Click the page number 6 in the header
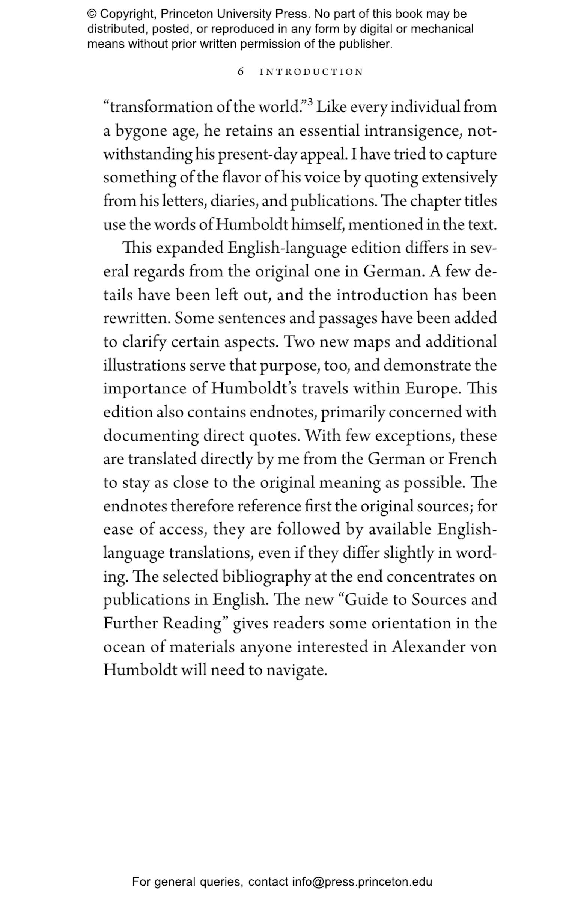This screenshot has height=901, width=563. [x=241, y=71]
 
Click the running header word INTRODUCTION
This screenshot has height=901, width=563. [x=311, y=72]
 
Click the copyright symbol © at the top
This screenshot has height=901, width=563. [x=92, y=14]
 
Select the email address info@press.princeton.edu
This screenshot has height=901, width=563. [x=362, y=882]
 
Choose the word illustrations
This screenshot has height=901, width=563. [x=144, y=365]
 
